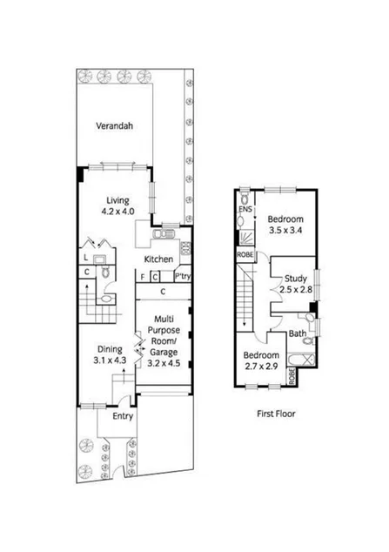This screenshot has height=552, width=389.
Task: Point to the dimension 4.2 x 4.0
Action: tap(118, 211)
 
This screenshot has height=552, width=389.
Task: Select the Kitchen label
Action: tap(159, 259)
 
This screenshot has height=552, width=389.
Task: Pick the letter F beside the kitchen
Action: tap(143, 277)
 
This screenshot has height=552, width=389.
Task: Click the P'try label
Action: tap(182, 277)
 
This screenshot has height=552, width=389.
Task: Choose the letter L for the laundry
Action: tap(85, 259)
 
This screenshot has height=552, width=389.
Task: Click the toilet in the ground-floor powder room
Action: tap(105, 273)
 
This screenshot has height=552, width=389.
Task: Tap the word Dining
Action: tap(109, 347)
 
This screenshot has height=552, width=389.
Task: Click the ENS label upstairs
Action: tap(245, 210)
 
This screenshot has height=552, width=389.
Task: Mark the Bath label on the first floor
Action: tap(297, 334)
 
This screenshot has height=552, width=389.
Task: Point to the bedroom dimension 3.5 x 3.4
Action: tap(285, 231)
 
